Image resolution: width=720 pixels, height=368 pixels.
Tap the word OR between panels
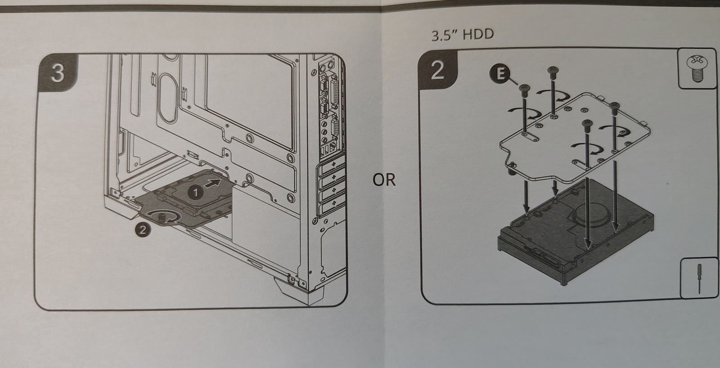[x=384, y=180]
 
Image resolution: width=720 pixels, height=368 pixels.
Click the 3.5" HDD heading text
[x=462, y=35]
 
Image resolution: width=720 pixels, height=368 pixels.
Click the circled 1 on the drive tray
[x=195, y=192]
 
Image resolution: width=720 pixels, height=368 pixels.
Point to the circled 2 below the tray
[x=142, y=229]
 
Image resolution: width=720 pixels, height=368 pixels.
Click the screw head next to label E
[x=523, y=89]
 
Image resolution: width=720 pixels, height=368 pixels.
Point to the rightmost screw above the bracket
[x=614, y=106]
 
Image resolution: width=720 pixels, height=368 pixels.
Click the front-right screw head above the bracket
[x=585, y=123]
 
